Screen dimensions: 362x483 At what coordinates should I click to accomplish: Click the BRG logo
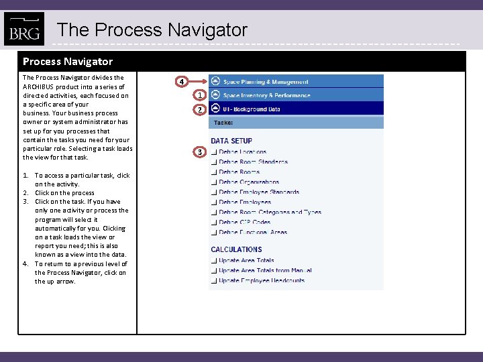click(23, 29)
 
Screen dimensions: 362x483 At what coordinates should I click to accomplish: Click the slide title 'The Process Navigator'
click(152, 30)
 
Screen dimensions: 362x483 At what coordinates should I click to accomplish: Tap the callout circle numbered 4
click(181, 82)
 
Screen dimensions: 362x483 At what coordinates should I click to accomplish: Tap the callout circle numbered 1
click(199, 96)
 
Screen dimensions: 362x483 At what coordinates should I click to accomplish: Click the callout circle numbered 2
click(199, 109)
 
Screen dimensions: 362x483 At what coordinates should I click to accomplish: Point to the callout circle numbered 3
click(199, 152)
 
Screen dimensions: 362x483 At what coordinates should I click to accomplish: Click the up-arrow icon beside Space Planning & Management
click(215, 81)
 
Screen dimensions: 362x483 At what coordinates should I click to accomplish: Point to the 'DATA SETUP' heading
click(231, 141)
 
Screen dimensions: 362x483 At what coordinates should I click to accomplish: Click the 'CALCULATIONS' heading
click(236, 249)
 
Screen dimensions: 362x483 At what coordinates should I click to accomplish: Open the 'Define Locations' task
click(242, 152)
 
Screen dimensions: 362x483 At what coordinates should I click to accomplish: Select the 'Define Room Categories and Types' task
click(270, 212)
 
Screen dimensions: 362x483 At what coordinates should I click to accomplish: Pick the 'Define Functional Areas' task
click(253, 232)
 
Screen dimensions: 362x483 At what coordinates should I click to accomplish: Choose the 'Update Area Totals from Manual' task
click(265, 270)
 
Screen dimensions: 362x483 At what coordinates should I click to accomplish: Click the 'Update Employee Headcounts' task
click(262, 280)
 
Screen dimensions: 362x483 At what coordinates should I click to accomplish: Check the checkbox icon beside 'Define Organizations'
click(213, 182)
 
